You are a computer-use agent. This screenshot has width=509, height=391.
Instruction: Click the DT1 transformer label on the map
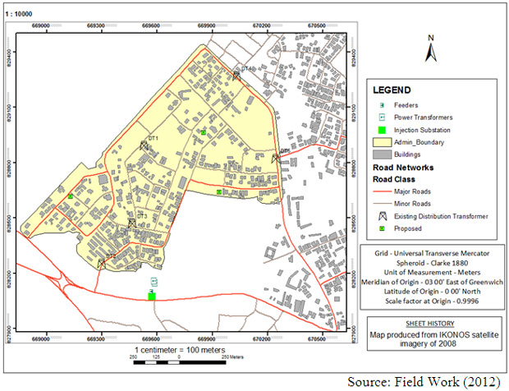[x=152, y=138]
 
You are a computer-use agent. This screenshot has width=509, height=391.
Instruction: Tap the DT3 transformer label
[x=141, y=216]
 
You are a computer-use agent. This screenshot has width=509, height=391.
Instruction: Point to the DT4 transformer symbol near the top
[x=236, y=75]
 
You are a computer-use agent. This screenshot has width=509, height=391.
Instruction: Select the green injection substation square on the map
[x=152, y=295]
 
